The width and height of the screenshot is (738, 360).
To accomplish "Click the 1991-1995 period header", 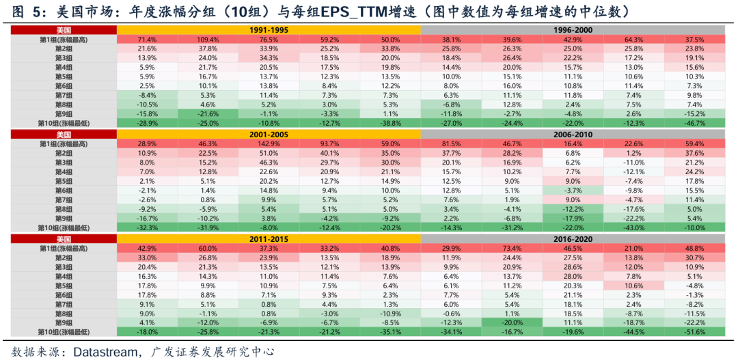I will point(269,31).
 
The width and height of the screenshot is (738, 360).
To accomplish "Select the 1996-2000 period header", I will point(573,31).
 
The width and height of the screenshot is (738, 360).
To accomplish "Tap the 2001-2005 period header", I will point(269,135).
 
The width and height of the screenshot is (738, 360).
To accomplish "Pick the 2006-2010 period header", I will point(573,135).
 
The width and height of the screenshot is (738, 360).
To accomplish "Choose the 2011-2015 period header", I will point(269,240).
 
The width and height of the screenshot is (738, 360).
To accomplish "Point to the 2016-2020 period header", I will point(573,240).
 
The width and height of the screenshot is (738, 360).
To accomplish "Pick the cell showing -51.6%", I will point(694,331).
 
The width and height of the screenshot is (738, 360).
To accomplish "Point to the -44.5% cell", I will point(633,331).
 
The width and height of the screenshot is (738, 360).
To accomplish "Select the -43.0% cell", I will point(633,227).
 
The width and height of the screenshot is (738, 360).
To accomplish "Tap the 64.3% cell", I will point(633,40).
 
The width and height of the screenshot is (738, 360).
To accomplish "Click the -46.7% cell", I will point(694,122).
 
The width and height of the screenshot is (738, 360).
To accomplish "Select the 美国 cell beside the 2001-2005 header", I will point(63,135).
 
